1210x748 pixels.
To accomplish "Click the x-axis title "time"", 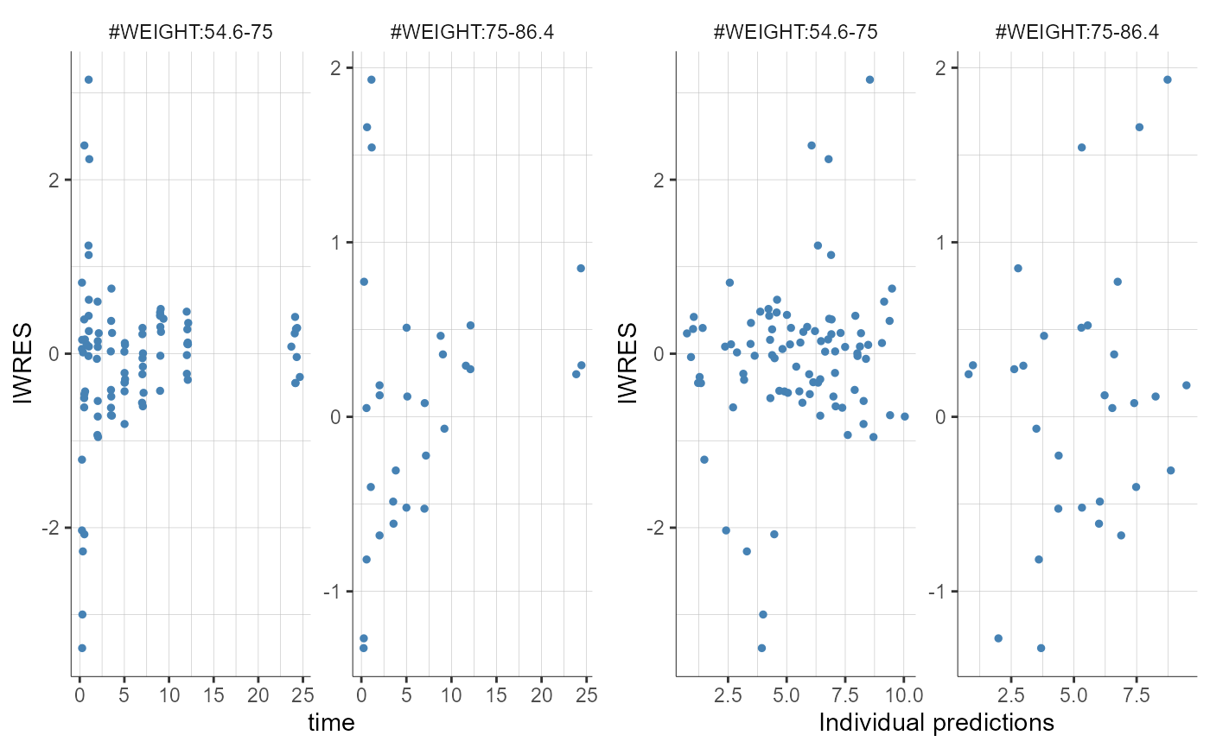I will pyautogui.click(x=332, y=723).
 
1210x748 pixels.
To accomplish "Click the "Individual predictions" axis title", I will pyautogui.click(x=936, y=723).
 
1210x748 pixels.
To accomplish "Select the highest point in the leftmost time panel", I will pyautogui.click(x=88, y=79).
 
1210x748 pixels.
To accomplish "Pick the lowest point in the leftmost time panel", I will pyautogui.click(x=82, y=648).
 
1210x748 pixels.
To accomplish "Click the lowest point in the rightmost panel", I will pyautogui.click(x=1041, y=648).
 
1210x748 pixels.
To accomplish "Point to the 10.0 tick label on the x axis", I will pyautogui.click(x=902, y=694).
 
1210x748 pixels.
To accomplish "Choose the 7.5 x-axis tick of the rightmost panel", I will pyautogui.click(x=1136, y=694).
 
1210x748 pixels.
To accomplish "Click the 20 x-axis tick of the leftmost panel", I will pyautogui.click(x=258, y=694).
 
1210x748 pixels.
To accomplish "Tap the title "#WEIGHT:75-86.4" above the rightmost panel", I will pyautogui.click(x=1078, y=33).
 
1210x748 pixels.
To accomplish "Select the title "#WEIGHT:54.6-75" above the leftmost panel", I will pyautogui.click(x=190, y=33).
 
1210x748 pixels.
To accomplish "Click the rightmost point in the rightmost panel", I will pyautogui.click(x=1186, y=385).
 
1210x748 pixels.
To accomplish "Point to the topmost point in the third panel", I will pyautogui.click(x=869, y=79).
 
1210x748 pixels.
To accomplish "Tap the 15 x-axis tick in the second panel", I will pyautogui.click(x=496, y=694).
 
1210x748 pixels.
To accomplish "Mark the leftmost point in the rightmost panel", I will pyautogui.click(x=968, y=374).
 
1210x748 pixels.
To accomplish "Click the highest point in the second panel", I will pyautogui.click(x=371, y=79).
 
